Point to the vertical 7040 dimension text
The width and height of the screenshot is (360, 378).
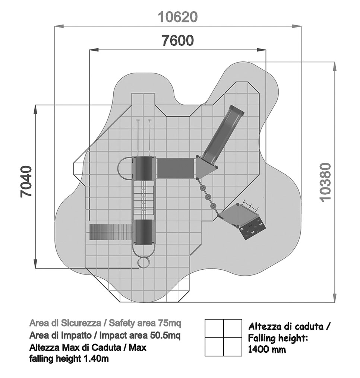(26, 187)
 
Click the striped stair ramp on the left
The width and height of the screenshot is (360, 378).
(110, 232)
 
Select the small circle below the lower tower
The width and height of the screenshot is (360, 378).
(143, 263)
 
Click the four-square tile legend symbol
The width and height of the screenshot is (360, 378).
(223, 337)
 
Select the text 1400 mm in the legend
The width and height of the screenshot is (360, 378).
(267, 350)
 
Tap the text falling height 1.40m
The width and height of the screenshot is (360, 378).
(69, 359)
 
